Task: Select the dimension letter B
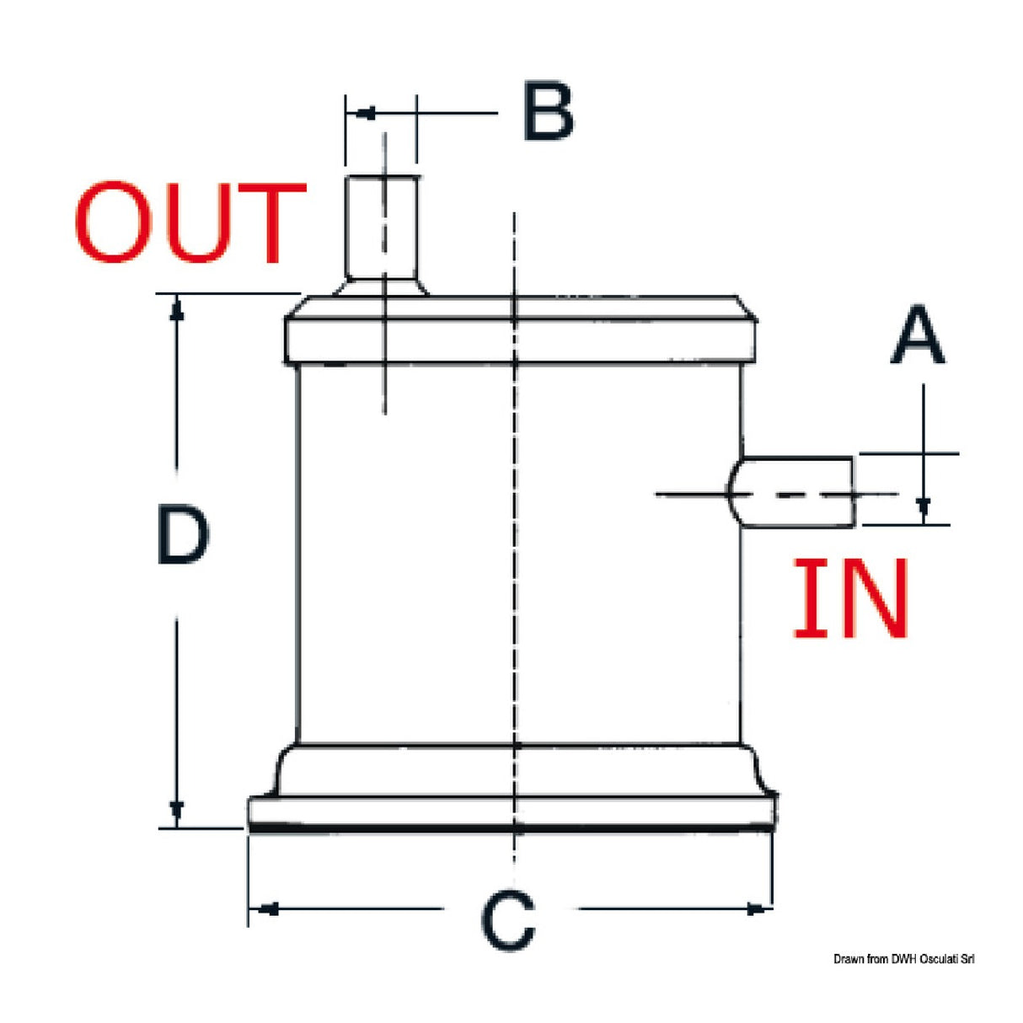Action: [548, 110]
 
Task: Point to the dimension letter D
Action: [182, 535]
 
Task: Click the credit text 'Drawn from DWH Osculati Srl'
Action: [903, 959]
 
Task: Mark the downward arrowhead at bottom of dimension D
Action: [177, 812]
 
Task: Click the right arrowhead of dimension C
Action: [757, 908]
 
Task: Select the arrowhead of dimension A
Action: [924, 506]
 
